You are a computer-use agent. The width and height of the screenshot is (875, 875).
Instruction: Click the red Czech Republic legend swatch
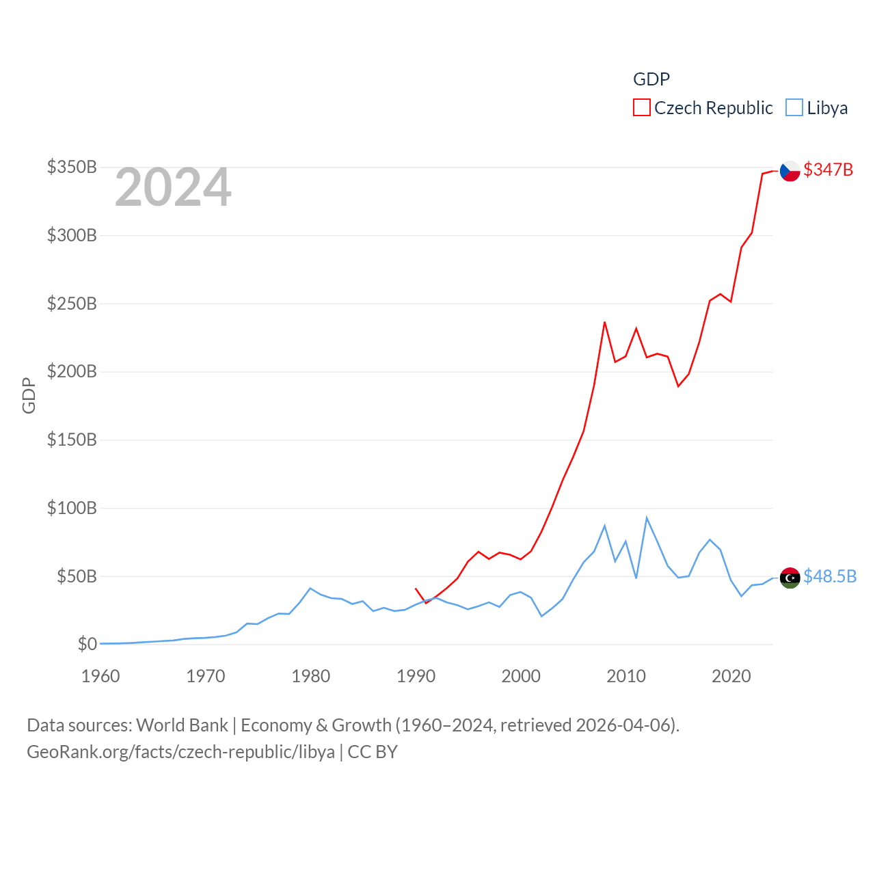[641, 108]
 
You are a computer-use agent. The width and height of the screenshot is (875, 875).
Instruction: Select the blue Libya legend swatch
[794, 108]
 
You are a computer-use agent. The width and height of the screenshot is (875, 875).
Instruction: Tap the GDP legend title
[651, 79]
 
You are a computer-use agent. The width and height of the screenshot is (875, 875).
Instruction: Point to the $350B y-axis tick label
[72, 167]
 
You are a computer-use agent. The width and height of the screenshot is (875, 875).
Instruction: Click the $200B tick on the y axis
[72, 371]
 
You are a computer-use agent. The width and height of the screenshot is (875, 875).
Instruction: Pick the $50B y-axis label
[77, 576]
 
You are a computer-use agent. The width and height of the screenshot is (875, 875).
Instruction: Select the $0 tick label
[87, 644]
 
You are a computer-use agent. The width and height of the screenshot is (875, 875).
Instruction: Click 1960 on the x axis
[100, 676]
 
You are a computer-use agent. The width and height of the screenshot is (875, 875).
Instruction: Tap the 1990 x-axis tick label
[416, 676]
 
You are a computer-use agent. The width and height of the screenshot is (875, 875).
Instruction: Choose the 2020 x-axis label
[731, 676]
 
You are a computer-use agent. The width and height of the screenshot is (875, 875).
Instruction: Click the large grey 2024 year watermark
[173, 187]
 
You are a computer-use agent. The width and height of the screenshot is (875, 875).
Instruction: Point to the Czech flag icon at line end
[790, 170]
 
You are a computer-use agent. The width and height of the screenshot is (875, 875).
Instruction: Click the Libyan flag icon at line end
[790, 578]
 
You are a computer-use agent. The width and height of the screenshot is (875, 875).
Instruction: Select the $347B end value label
[828, 170]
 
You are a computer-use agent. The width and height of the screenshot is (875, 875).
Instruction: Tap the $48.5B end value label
[829, 576]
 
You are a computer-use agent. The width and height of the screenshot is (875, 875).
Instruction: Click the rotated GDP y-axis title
[29, 395]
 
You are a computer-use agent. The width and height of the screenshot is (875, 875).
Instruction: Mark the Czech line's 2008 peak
[604, 322]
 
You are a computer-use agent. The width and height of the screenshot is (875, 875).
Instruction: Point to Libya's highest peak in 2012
[647, 518]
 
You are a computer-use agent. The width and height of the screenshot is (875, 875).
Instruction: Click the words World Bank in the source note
[182, 725]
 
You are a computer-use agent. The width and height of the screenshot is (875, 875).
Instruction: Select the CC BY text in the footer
[373, 752]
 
